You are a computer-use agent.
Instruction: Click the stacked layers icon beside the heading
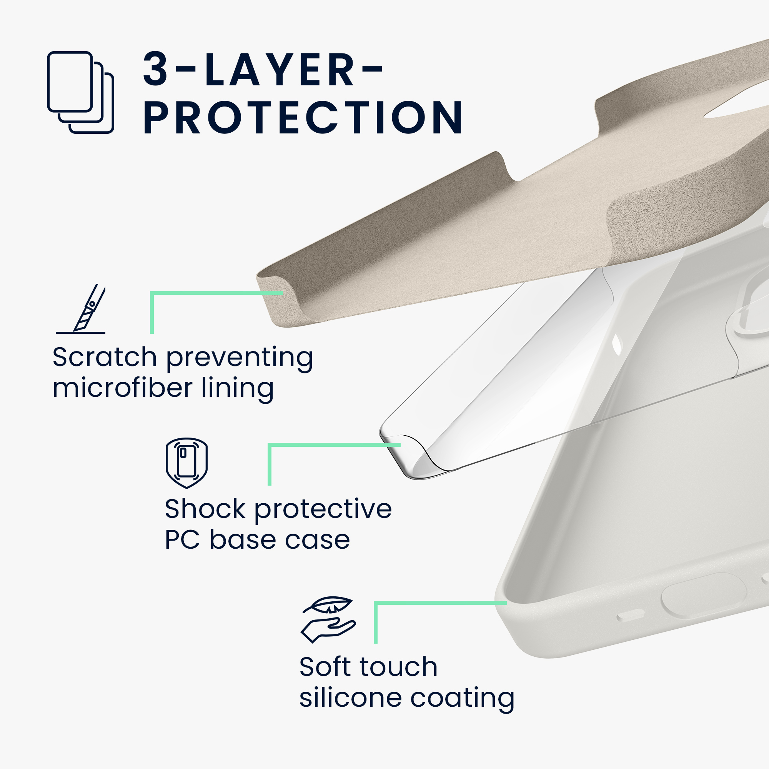pos(80,92)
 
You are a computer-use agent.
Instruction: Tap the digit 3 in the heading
pos(156,69)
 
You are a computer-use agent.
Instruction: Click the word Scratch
pos(105,357)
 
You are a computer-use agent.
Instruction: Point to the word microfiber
pos(123,388)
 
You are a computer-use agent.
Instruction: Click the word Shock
pos(205,509)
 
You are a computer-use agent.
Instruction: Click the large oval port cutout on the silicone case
pos(704,596)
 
